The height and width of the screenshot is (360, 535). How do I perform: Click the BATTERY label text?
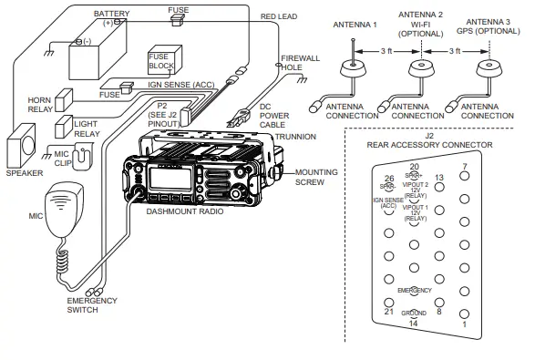(112, 15)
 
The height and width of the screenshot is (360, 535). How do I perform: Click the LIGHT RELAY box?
(65, 127)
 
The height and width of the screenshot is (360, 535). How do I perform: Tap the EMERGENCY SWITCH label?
(93, 305)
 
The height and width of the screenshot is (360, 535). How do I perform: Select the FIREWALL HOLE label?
(300, 63)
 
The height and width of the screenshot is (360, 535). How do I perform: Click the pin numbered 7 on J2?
(464, 178)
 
